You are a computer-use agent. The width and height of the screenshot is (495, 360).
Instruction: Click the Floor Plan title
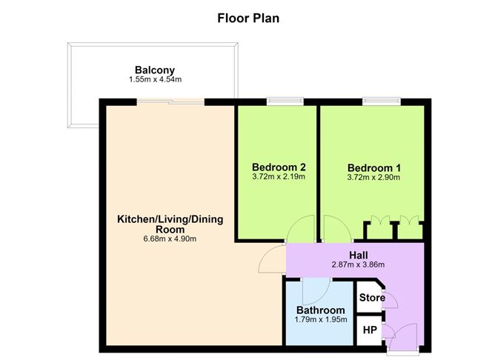click(x=248, y=19)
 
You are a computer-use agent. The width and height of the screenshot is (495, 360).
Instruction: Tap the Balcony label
click(x=155, y=70)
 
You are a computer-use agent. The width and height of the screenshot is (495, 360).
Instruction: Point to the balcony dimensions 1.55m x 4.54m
click(x=155, y=79)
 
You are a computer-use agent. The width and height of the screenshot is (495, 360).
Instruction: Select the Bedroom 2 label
click(x=279, y=167)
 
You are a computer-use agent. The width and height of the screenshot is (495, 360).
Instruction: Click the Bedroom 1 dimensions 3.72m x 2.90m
click(x=373, y=177)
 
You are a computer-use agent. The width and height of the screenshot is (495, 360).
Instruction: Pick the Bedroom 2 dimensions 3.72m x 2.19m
click(x=279, y=177)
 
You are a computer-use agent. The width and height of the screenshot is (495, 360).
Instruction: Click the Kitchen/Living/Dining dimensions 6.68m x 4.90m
click(x=170, y=239)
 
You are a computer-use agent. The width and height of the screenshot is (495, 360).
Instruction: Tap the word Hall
click(x=359, y=255)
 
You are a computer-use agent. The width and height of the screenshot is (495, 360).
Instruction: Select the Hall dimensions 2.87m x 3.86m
click(x=358, y=264)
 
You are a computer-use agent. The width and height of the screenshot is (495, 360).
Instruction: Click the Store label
click(x=372, y=298)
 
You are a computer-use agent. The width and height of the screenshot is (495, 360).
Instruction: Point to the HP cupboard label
click(x=370, y=330)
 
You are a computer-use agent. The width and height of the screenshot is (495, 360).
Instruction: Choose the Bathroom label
click(x=320, y=310)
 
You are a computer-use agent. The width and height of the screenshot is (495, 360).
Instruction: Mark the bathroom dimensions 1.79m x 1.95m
click(x=321, y=319)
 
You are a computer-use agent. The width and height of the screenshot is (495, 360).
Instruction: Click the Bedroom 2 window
click(x=285, y=101)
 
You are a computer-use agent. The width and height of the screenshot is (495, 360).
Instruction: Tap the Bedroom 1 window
click(x=382, y=101)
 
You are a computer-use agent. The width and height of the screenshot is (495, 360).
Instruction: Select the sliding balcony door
click(x=170, y=101)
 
